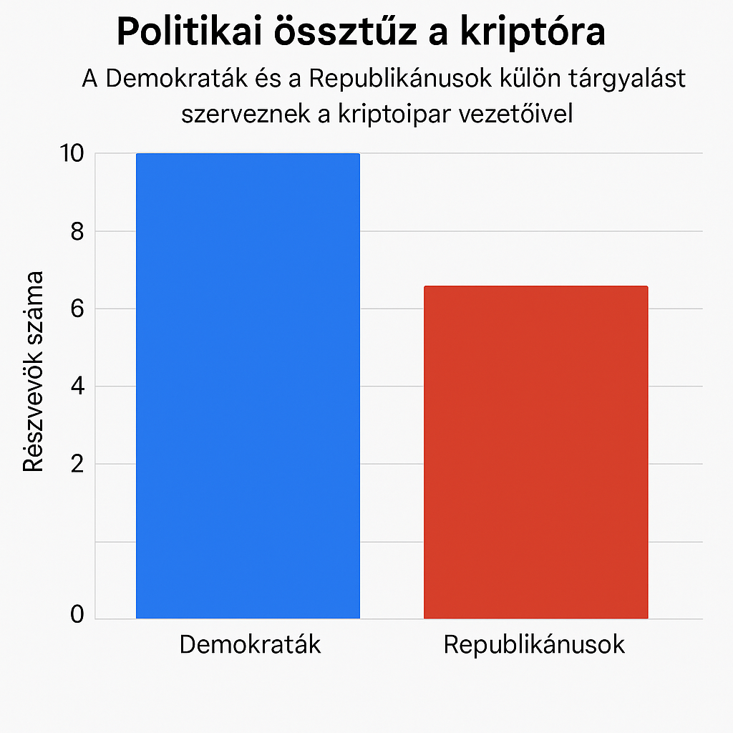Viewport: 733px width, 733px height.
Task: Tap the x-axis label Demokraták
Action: coord(250,644)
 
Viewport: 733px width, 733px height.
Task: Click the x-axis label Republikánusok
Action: coord(534,644)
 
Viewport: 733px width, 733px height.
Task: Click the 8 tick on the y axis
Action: coord(77,231)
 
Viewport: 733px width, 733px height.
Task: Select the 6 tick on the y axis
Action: coord(77,309)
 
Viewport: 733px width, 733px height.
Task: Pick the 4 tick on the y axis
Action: coord(77,387)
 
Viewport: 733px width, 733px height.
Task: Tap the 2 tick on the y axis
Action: coord(77,464)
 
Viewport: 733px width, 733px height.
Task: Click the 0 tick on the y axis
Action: coord(77,615)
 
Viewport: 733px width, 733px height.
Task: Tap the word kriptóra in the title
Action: coord(535,32)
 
